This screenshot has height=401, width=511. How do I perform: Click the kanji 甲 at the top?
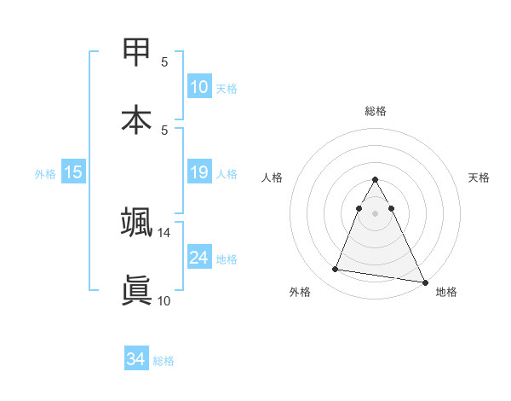point(136,53)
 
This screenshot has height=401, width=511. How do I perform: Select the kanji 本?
point(136,119)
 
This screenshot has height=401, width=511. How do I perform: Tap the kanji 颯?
point(136,223)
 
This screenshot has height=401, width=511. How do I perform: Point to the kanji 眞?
point(136,289)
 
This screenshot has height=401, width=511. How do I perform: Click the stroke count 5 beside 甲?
point(164,62)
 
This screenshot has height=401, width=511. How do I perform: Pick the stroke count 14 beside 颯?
point(164,233)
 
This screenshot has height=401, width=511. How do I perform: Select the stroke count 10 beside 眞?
point(164,299)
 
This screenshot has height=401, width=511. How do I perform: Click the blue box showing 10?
point(199,87)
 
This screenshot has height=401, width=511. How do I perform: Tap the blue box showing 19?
point(199,172)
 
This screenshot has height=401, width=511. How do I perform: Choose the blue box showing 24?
point(199,257)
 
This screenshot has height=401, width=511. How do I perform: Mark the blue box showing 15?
point(73,172)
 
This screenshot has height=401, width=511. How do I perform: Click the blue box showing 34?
point(136,359)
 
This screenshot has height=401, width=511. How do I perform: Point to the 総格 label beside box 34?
point(164,361)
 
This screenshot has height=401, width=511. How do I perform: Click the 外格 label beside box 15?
point(45,174)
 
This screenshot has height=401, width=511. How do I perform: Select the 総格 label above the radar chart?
point(376,111)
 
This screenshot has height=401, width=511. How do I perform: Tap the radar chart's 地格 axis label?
point(446,292)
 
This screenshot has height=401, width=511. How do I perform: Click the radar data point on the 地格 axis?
point(424,282)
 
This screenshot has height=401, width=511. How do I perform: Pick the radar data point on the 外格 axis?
point(336,270)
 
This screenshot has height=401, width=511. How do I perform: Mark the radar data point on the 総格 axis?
point(376,180)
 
